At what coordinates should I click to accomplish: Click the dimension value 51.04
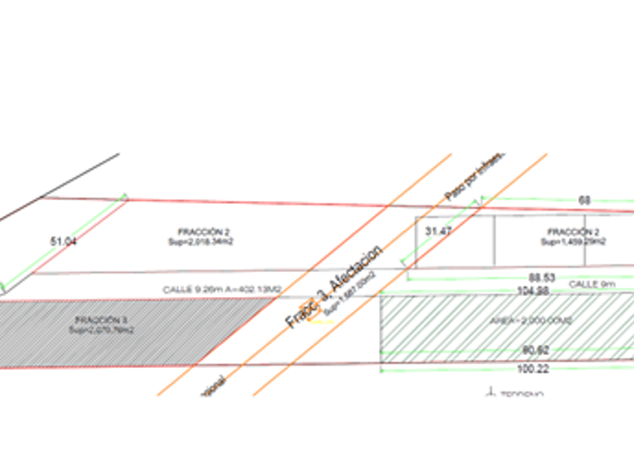(63, 241)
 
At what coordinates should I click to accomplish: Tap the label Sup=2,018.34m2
(201, 242)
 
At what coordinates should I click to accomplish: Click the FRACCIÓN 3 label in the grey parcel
(101, 320)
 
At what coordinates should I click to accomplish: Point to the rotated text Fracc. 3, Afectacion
(334, 286)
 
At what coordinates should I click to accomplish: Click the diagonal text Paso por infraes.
(474, 178)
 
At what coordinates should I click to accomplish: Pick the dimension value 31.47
(439, 230)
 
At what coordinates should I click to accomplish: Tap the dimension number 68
(584, 200)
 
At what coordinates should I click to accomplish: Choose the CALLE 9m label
(592, 284)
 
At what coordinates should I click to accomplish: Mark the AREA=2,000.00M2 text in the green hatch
(521, 320)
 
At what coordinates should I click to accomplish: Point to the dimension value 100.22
(534, 369)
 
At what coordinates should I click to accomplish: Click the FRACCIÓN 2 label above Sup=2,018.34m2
(200, 232)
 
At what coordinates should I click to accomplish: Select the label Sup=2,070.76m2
(101, 329)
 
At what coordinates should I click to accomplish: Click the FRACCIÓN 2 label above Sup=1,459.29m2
(574, 232)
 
